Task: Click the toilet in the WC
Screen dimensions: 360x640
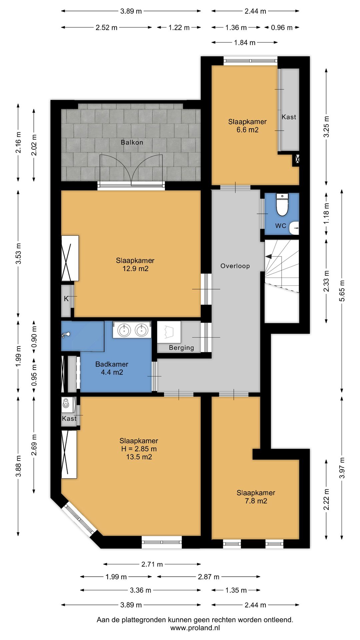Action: click(282, 205)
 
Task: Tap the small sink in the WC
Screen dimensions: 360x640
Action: click(294, 228)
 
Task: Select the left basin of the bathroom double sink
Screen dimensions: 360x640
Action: click(124, 330)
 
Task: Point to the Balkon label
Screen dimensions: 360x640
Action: click(132, 142)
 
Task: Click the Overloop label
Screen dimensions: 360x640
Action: click(235, 266)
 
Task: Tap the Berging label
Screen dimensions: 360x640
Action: click(181, 348)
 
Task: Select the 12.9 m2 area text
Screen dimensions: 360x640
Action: click(135, 269)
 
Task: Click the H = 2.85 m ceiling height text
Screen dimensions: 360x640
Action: click(139, 449)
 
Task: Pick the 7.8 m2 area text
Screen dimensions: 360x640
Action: click(256, 501)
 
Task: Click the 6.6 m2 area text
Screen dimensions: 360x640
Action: click(248, 130)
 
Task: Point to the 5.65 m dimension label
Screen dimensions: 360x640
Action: click(342, 291)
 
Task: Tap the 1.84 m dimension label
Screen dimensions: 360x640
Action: click(245, 42)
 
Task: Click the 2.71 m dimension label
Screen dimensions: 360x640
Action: click(152, 564)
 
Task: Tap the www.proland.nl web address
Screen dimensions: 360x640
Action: click(195, 628)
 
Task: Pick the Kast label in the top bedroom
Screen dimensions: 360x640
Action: click(289, 117)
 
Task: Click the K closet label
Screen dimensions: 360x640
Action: click(66, 299)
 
